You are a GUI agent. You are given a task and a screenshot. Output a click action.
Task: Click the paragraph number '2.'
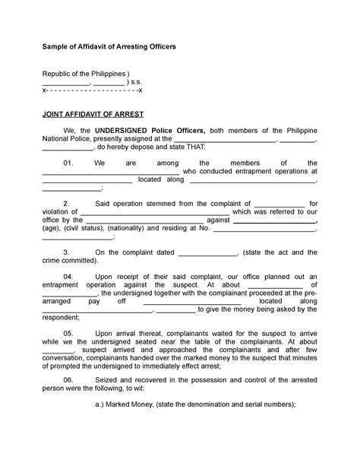(67, 204)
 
